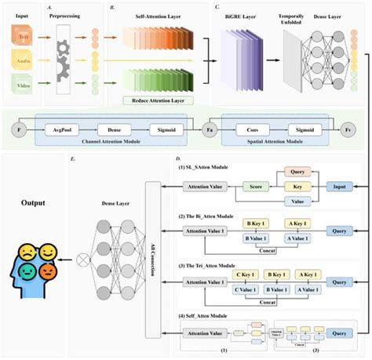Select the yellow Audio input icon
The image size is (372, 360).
22,60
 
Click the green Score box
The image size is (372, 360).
255,187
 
